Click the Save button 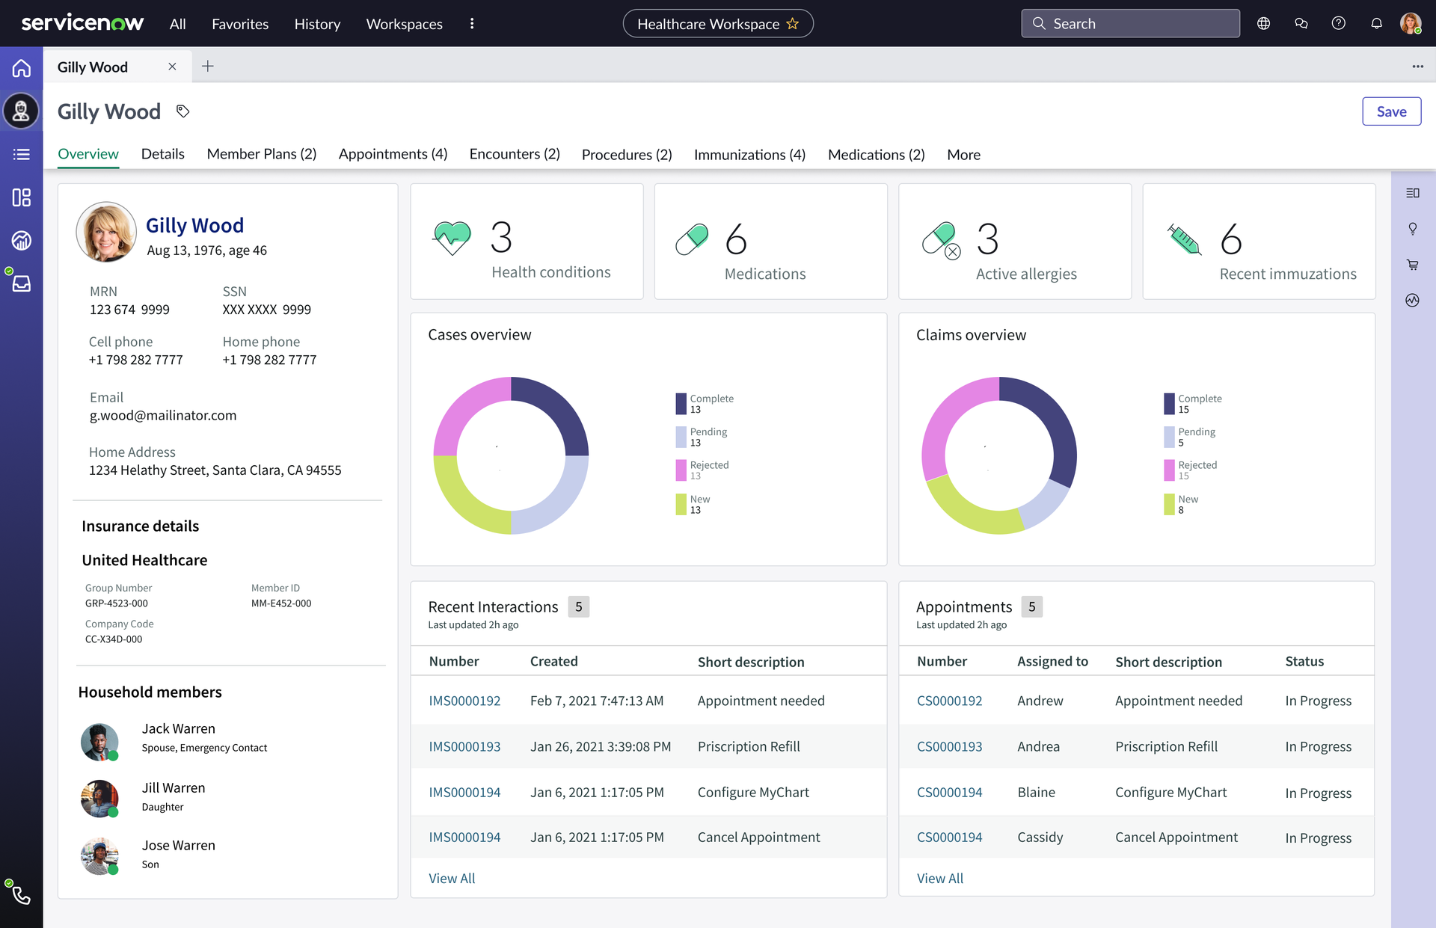[x=1391, y=111]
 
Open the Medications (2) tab [x=876, y=155]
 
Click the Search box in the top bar [x=1130, y=23]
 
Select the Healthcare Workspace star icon [x=793, y=23]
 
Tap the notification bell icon [x=1376, y=23]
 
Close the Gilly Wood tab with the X [x=172, y=67]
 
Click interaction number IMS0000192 [x=464, y=701]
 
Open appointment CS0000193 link [x=949, y=746]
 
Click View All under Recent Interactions [x=452, y=879]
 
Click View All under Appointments [x=940, y=879]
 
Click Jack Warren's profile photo [x=99, y=742]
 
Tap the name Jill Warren [x=174, y=788]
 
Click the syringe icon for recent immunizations [x=1184, y=239]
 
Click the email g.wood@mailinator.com [x=163, y=416]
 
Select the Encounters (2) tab [x=515, y=154]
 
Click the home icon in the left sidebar [x=22, y=68]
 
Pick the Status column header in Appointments [x=1304, y=662]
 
